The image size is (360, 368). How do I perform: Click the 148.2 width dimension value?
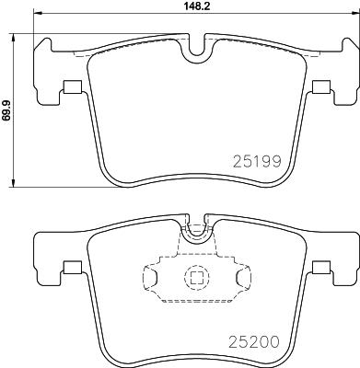(192, 7)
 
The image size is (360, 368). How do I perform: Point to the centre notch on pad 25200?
(194, 232)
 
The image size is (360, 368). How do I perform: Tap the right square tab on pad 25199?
(320, 88)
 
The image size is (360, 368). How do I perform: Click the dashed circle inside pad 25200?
(195, 276)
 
